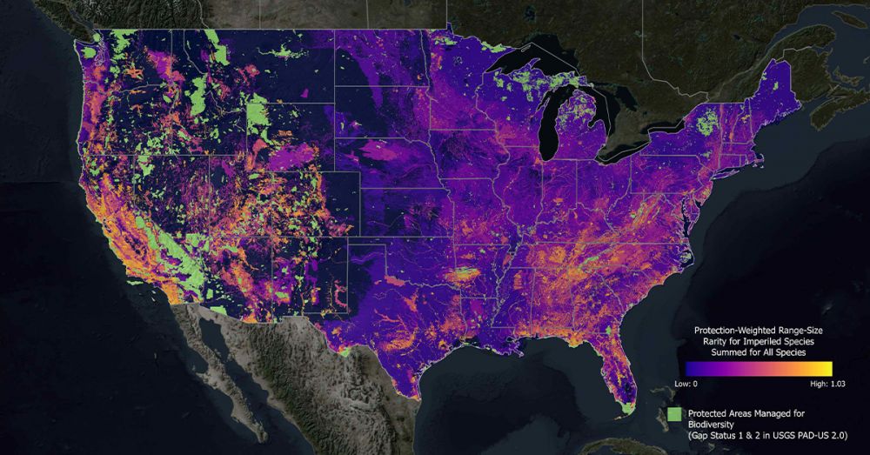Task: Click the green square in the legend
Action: click(673, 415)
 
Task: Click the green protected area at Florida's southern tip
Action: click(626, 404)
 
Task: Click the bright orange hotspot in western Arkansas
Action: click(459, 277)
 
